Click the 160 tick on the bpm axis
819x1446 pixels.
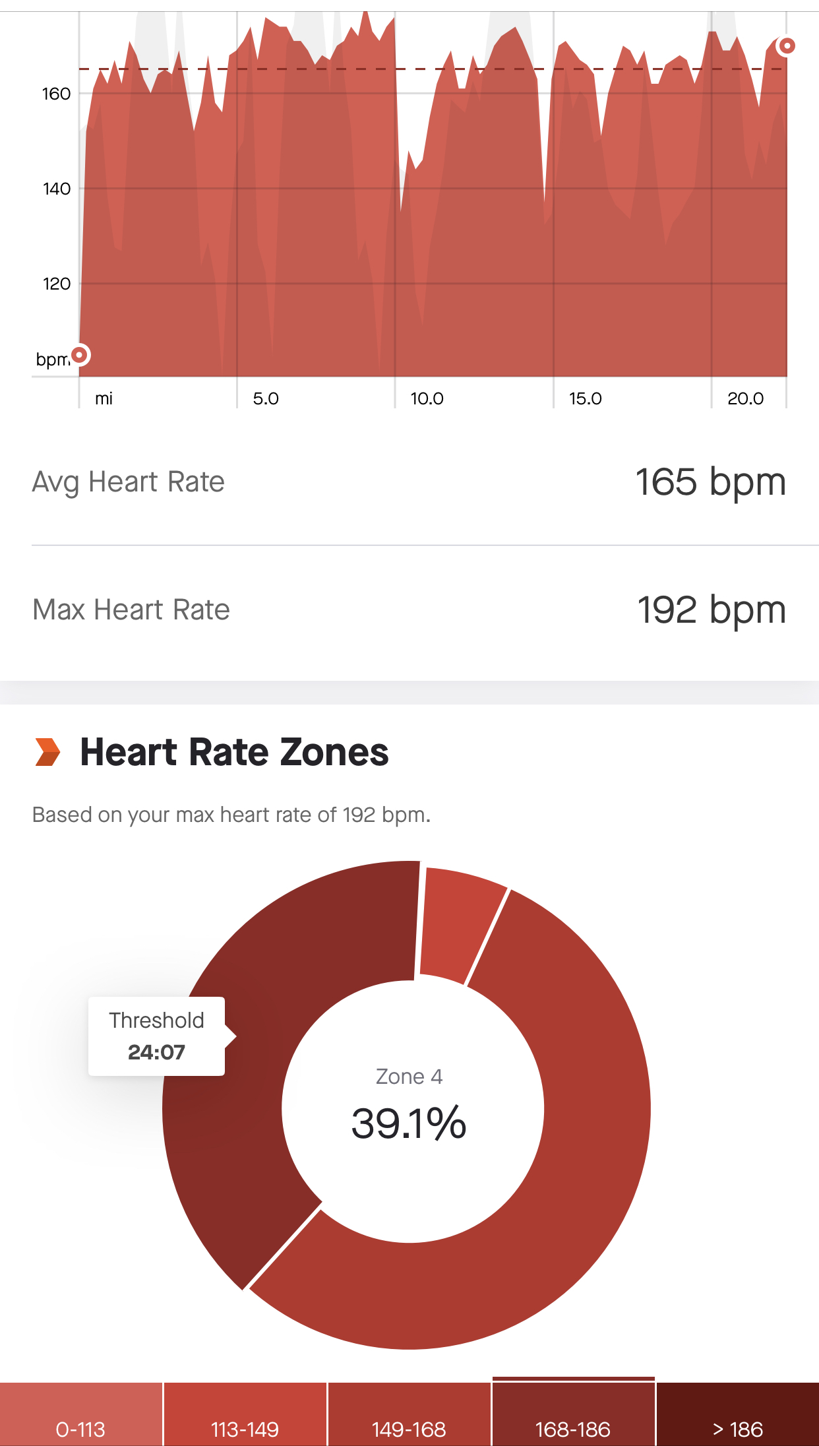[56, 94]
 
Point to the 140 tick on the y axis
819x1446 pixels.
[56, 189]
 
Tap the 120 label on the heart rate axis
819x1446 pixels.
[56, 284]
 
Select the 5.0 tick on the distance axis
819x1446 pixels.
[266, 398]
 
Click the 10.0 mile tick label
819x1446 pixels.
[427, 398]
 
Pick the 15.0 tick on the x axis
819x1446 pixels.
[585, 398]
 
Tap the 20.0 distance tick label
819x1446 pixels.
[745, 398]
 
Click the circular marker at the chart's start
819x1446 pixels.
[80, 355]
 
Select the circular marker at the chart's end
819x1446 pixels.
[786, 46]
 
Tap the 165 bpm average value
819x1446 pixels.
[710, 482]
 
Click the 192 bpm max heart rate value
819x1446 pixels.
[711, 610]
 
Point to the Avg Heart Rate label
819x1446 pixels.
[129, 482]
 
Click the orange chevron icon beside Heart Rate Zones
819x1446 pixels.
[47, 752]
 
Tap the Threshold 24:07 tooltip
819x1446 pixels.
[157, 1036]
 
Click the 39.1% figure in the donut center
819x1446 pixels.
[409, 1123]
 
